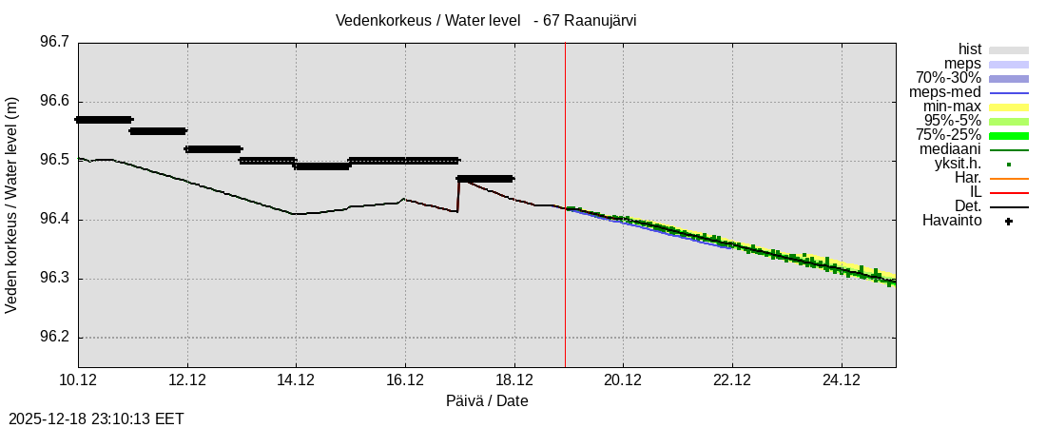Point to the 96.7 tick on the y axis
(x=53, y=43)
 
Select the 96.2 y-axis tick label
(x=53, y=338)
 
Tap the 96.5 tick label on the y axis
(x=53, y=161)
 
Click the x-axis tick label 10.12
(x=78, y=380)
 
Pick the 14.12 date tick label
(x=296, y=380)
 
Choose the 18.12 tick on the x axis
(x=513, y=380)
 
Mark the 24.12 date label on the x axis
(x=841, y=380)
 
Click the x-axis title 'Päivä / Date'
(x=487, y=401)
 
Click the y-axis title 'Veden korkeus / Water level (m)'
(x=12, y=204)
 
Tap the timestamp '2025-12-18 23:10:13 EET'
(x=96, y=418)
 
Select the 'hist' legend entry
(x=969, y=49)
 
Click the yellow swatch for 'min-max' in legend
(x=1008, y=107)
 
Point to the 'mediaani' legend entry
(x=950, y=149)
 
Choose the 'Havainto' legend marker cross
(x=1008, y=222)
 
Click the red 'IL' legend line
(x=1008, y=192)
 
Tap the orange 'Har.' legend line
(x=1008, y=178)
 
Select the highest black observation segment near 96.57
(x=104, y=119)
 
